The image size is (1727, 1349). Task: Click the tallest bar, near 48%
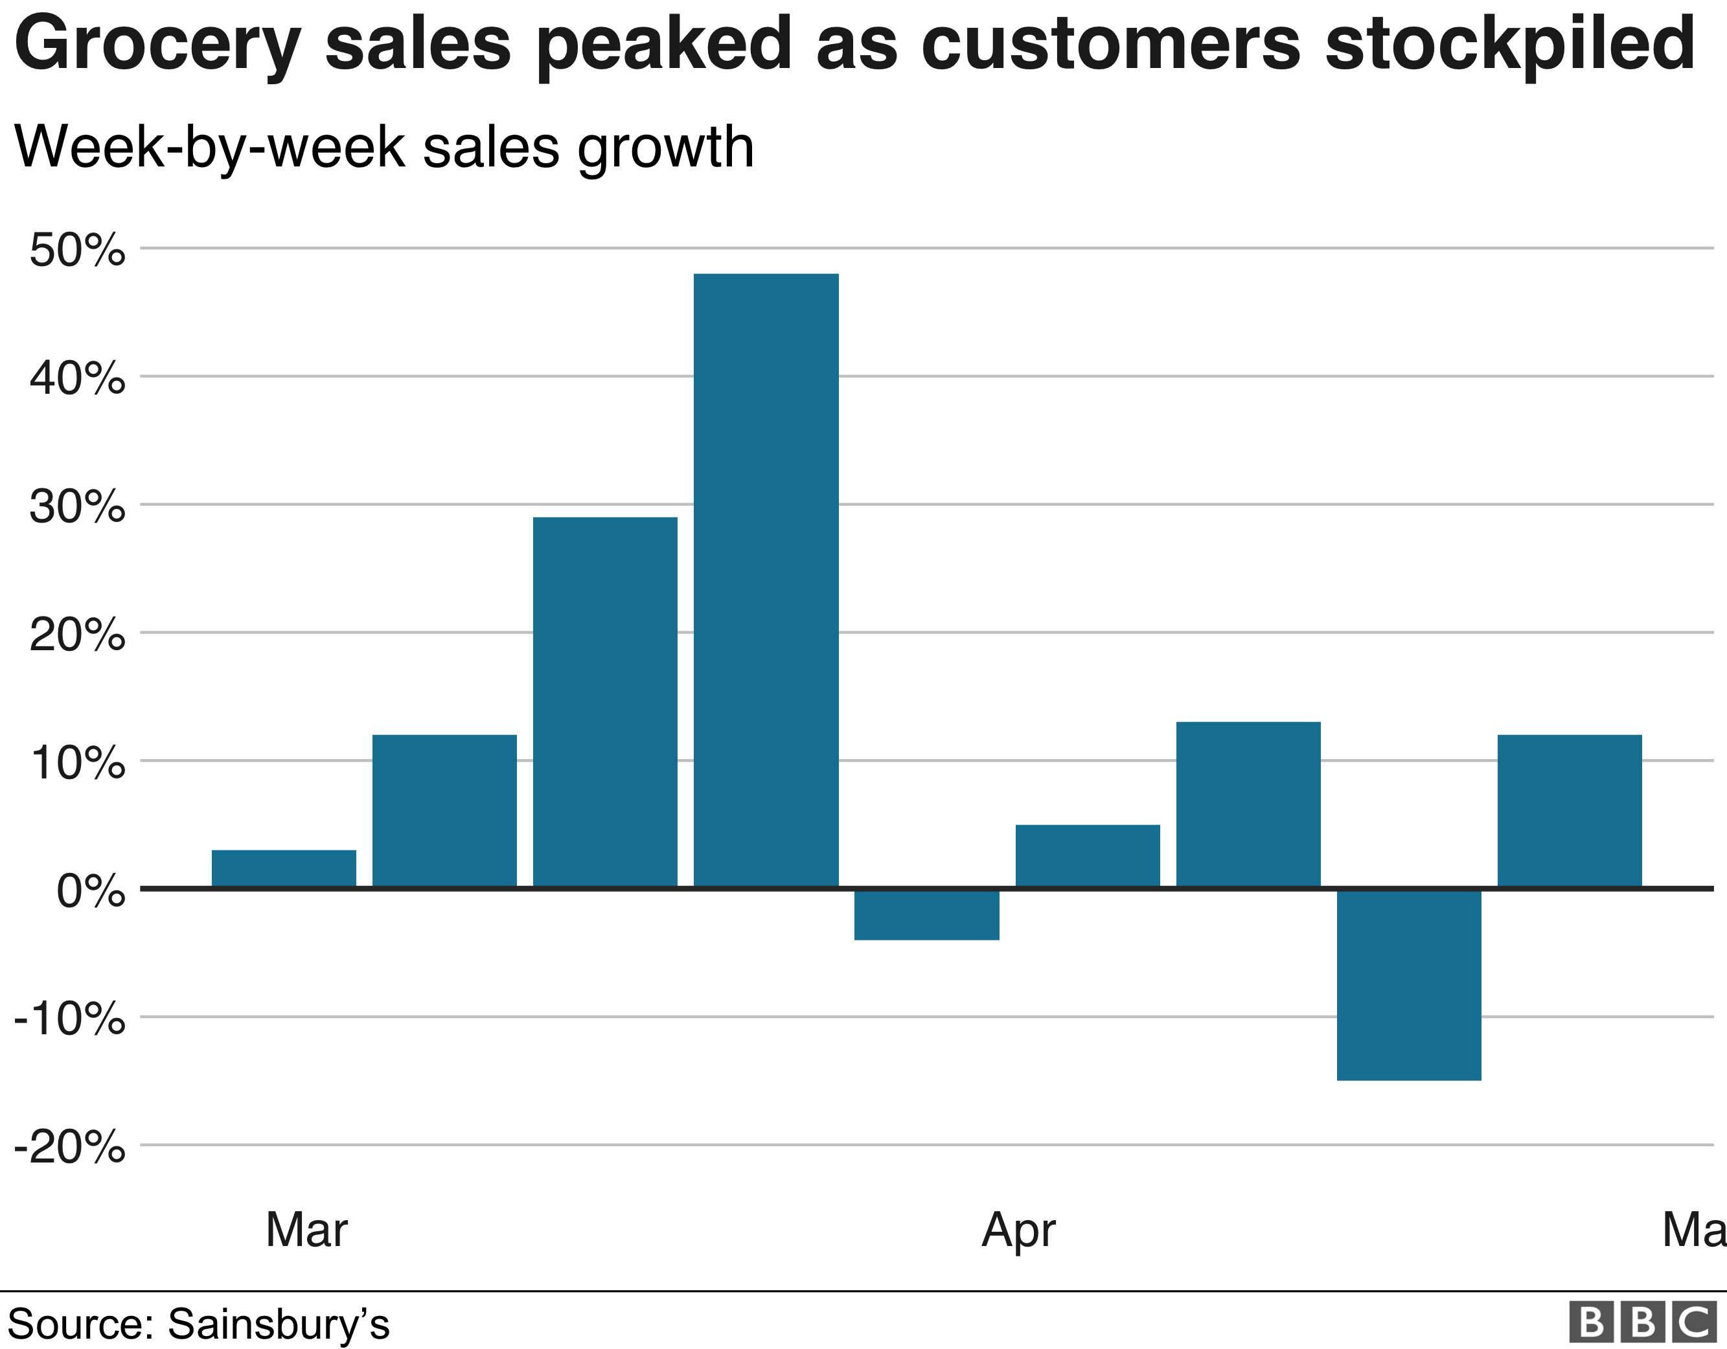point(766,580)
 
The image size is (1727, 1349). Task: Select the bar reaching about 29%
point(605,702)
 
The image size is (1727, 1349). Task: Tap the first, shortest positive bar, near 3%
point(284,868)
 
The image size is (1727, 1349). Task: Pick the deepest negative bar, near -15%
point(1408,984)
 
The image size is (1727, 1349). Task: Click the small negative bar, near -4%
point(927,915)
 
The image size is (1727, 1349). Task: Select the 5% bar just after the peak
point(1087,856)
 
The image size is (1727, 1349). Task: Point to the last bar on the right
point(1569,811)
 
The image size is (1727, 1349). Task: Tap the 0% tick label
point(90,891)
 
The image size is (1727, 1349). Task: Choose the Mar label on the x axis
point(307,1230)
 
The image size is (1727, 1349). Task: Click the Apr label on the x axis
point(1018,1231)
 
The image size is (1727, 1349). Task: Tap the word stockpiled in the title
point(1509,46)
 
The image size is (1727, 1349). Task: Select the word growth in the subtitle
point(666,149)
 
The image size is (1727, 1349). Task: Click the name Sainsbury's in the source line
point(279,1324)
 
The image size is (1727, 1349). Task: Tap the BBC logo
point(1641,1321)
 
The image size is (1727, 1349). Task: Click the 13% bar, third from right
point(1248,805)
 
